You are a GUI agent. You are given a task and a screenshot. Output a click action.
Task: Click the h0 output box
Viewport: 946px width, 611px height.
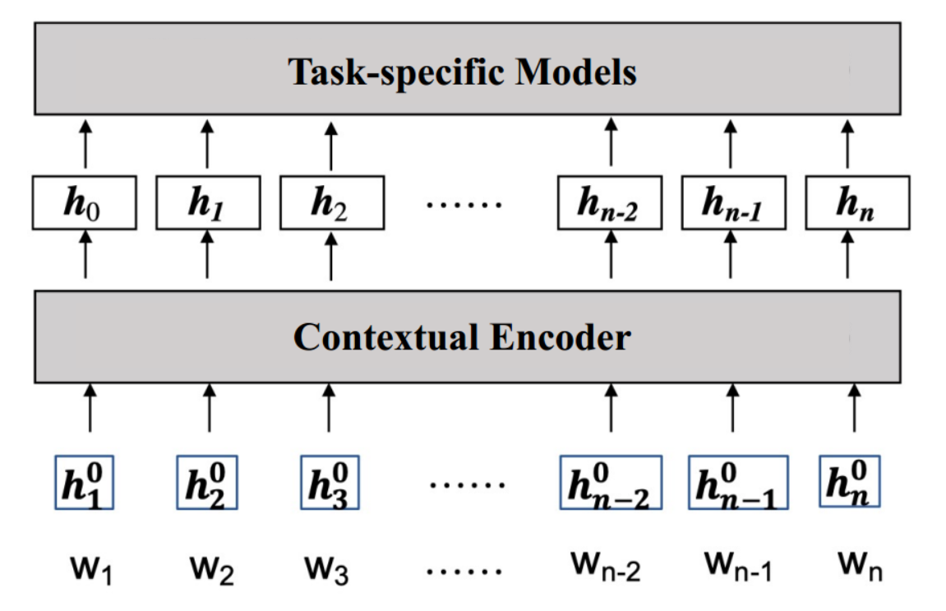click(x=85, y=203)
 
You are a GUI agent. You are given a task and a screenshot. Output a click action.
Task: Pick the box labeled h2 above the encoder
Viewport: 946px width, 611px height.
click(x=331, y=203)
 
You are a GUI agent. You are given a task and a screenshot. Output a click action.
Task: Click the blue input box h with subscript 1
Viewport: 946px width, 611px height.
click(x=85, y=483)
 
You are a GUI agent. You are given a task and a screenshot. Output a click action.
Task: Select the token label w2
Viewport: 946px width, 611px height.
click(x=210, y=567)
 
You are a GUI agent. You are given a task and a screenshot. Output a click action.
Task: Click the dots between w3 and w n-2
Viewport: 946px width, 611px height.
click(x=466, y=570)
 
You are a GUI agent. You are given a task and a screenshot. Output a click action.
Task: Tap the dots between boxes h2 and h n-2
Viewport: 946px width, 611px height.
click(x=465, y=203)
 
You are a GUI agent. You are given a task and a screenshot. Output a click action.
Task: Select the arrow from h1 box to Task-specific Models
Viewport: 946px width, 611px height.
click(x=206, y=146)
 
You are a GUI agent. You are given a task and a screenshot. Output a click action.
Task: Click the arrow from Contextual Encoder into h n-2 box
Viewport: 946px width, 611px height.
click(x=611, y=257)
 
